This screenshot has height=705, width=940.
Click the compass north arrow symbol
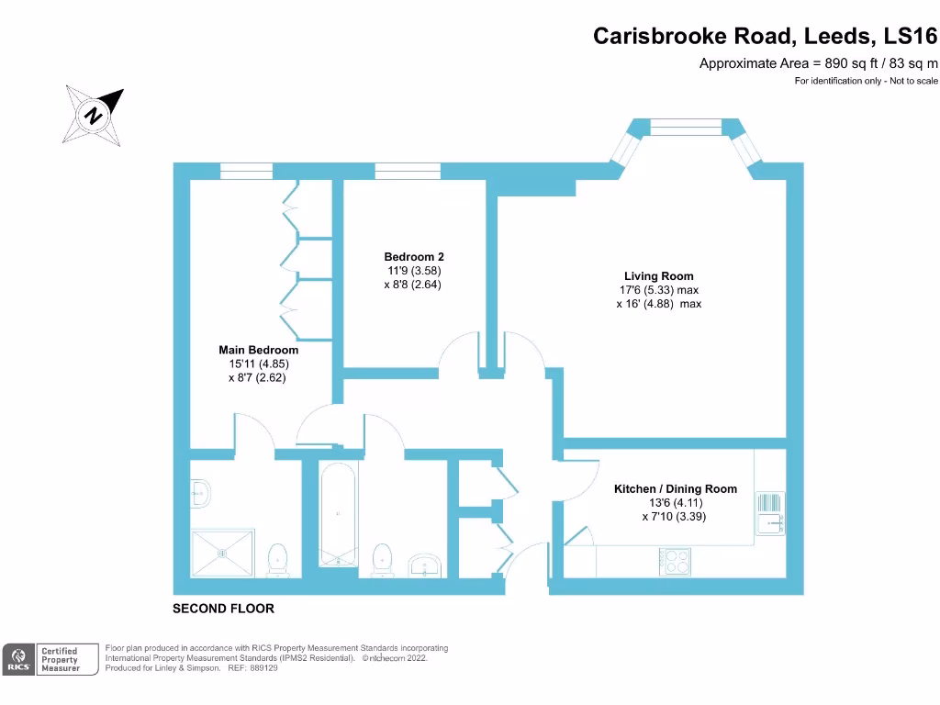(93, 116)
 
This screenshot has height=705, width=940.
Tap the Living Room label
(658, 276)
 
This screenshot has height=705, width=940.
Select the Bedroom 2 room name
(414, 257)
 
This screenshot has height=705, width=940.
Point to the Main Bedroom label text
(258, 350)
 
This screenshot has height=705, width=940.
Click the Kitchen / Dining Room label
(675, 489)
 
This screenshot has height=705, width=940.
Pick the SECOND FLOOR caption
(224, 609)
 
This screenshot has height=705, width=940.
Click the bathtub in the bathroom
(340, 514)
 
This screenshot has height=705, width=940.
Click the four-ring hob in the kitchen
(676, 561)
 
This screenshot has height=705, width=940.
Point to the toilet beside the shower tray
(277, 559)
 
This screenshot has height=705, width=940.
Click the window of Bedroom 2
(407, 171)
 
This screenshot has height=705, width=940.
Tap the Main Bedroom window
(246, 171)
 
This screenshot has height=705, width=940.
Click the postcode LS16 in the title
(911, 36)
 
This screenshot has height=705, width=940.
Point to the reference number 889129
(262, 668)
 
